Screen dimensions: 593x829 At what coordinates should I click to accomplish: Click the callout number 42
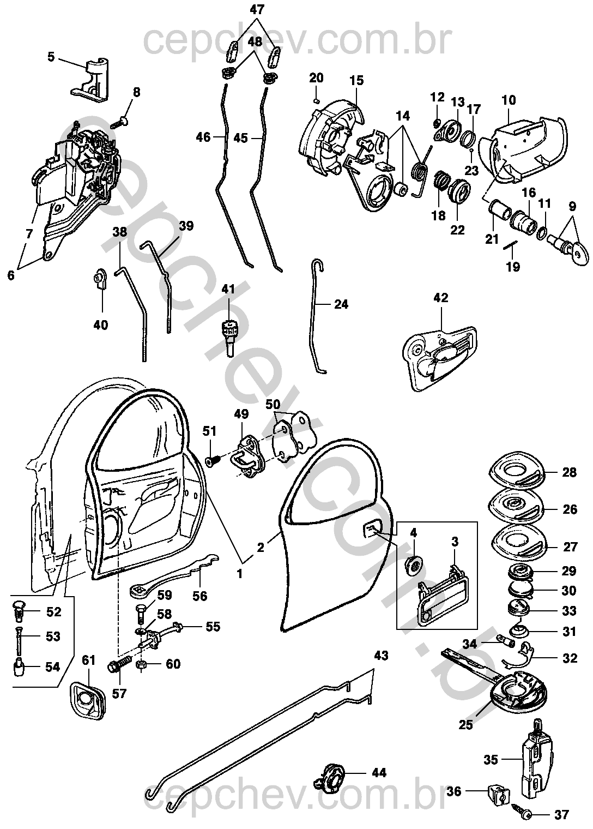(x=440, y=298)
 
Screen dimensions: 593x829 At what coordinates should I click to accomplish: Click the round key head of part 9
(x=580, y=255)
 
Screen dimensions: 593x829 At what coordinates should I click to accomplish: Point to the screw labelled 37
(x=522, y=814)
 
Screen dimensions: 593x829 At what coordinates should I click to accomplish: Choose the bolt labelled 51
(x=213, y=461)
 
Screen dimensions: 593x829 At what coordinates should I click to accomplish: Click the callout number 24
(x=341, y=304)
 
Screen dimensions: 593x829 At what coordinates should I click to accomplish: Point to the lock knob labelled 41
(x=229, y=336)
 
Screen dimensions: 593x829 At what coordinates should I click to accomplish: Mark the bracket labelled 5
(x=89, y=79)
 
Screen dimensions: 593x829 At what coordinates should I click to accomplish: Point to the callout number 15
(x=356, y=80)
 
